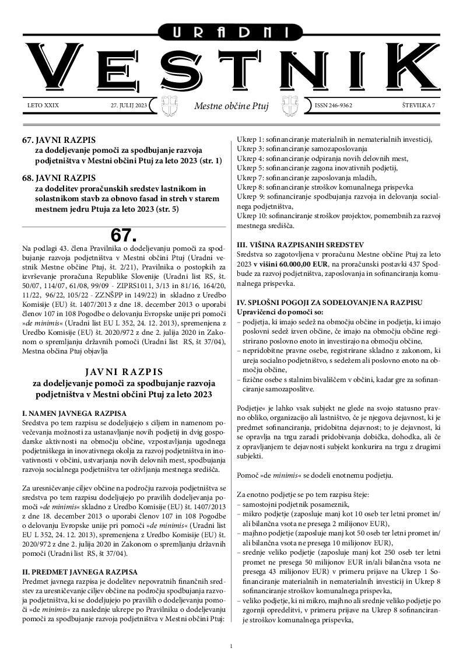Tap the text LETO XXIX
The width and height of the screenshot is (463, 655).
(x=43, y=106)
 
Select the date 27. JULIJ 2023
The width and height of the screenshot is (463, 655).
(x=129, y=106)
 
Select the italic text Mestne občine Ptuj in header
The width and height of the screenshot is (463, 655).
(x=231, y=107)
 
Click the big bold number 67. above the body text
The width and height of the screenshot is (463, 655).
(x=123, y=235)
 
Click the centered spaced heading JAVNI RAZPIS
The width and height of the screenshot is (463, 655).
(x=124, y=372)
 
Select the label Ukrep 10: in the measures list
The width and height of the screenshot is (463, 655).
(x=252, y=216)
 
